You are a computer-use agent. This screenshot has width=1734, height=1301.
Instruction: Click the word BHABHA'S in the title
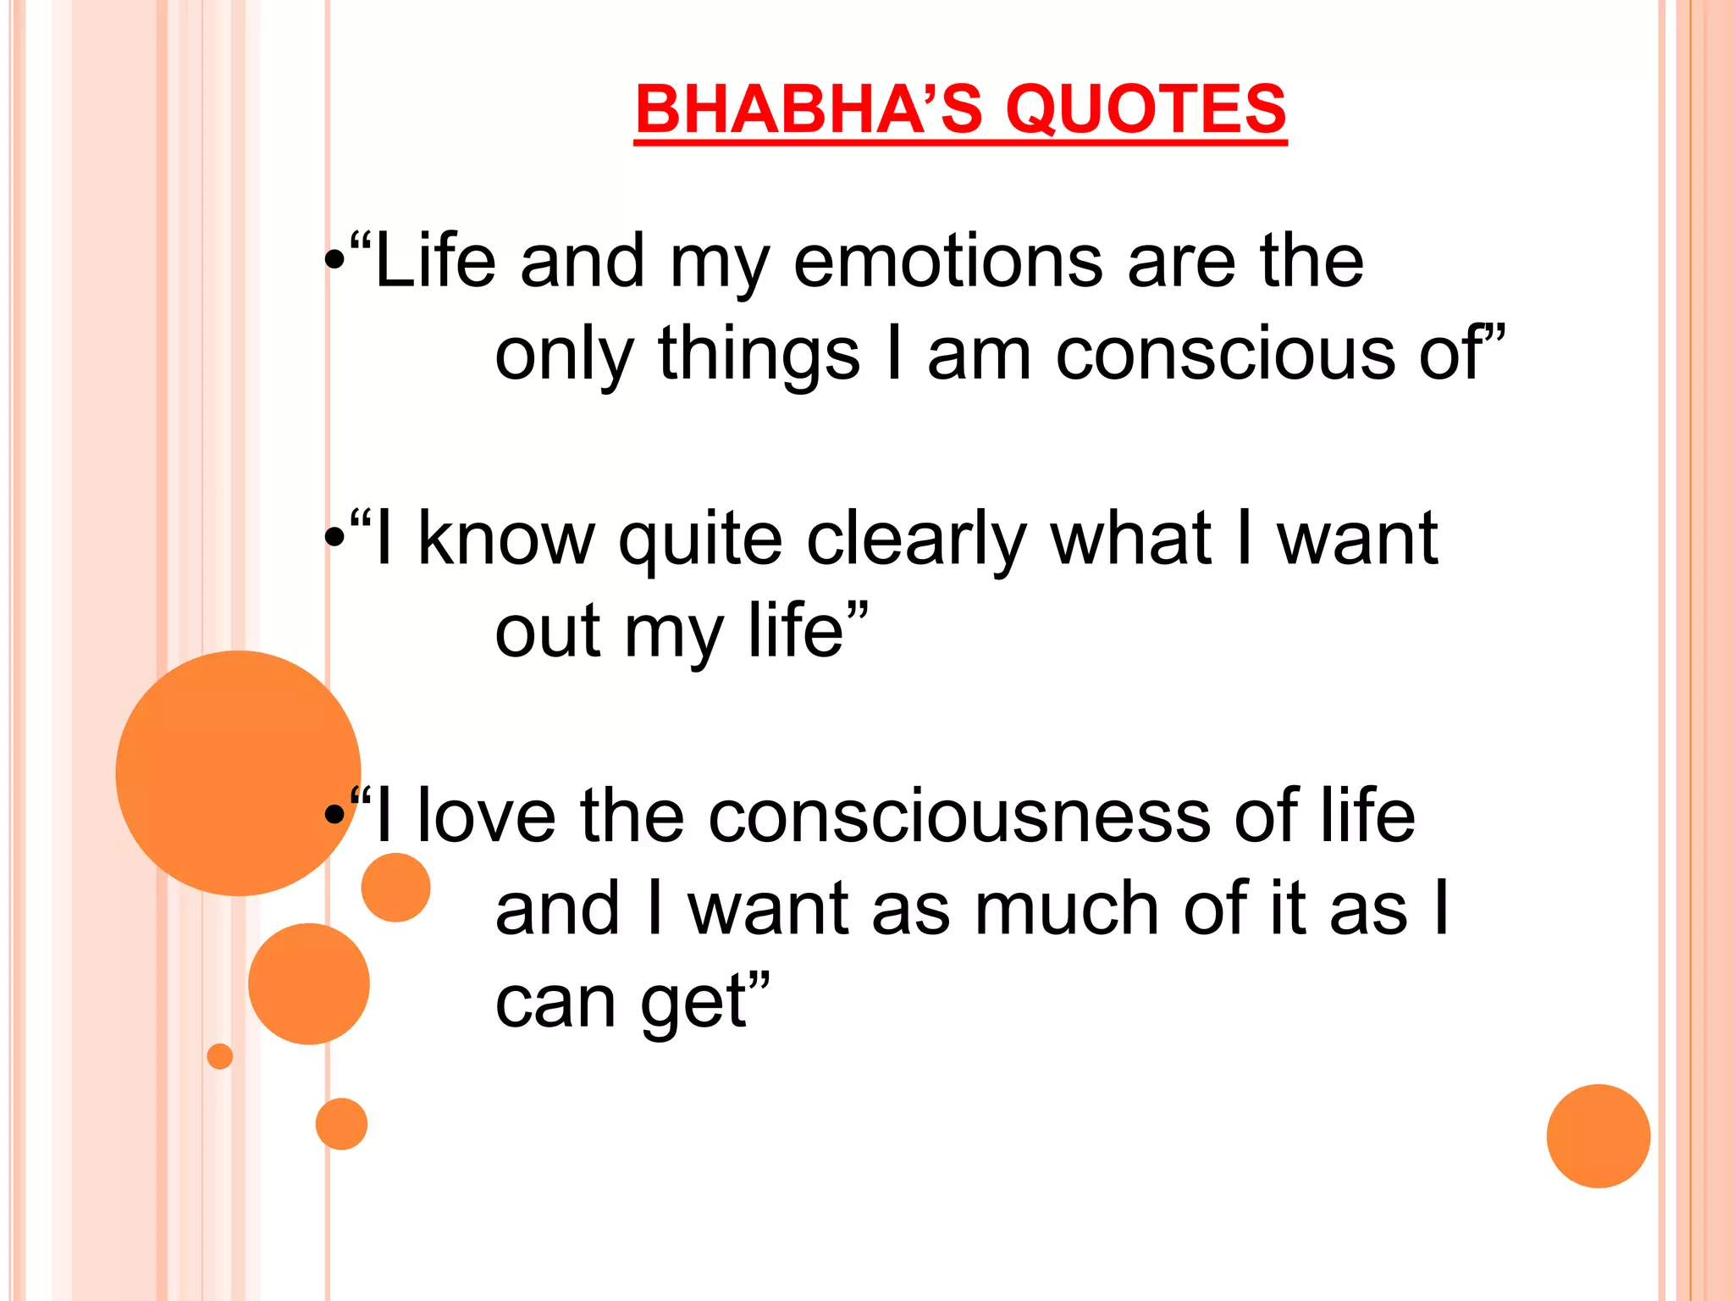808,110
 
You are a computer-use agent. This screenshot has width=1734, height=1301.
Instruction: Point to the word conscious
1225,355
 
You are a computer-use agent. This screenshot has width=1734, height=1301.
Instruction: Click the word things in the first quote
759,355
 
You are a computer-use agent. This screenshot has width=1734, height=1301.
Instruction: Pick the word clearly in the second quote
916,540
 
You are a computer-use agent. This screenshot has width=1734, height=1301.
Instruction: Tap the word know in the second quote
506,540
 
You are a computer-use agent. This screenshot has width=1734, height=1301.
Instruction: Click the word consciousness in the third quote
959,817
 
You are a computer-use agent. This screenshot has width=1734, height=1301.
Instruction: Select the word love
487,817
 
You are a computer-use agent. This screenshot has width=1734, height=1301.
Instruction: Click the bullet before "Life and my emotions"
335,263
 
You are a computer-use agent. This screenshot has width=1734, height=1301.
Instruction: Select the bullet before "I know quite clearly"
335,538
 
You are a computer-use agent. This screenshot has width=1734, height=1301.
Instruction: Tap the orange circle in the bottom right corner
1598,1136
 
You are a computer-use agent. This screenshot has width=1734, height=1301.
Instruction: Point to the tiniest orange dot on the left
220,1056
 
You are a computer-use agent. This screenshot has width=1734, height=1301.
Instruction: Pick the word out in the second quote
548,632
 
